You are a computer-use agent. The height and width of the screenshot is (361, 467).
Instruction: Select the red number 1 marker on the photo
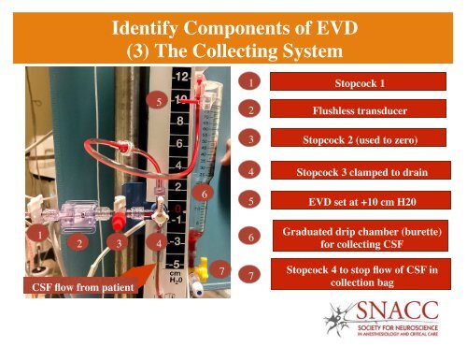point(38,232)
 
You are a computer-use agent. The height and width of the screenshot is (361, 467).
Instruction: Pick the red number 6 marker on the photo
point(203,192)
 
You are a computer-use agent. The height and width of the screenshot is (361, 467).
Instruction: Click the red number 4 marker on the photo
point(161,243)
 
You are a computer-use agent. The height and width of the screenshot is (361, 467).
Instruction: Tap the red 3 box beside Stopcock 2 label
point(248,140)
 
